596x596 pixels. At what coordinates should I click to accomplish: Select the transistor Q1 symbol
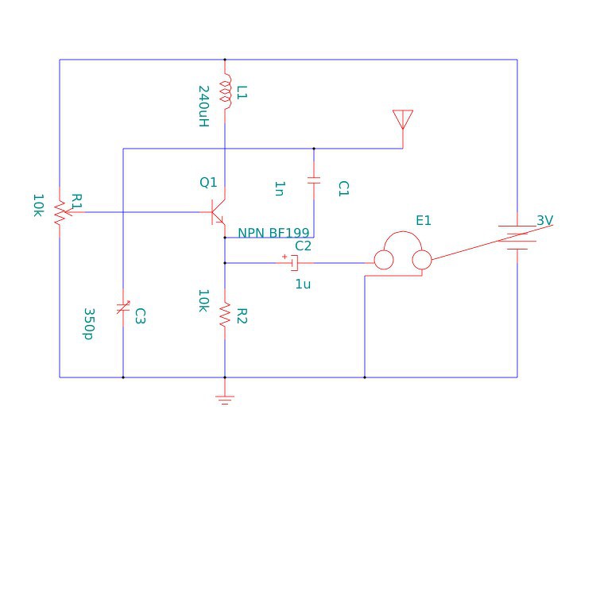click(219, 211)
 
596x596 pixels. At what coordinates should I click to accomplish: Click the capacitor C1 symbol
click(314, 180)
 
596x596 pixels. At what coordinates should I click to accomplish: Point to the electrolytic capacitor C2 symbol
click(293, 262)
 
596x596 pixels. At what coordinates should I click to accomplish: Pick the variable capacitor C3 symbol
click(122, 308)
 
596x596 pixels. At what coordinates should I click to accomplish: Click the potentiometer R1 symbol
click(60, 211)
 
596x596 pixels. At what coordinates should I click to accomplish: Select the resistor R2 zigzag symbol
click(225, 315)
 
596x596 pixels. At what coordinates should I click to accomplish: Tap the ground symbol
click(225, 399)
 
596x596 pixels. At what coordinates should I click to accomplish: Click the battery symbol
click(517, 238)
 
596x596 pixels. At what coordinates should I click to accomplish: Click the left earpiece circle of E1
click(384, 260)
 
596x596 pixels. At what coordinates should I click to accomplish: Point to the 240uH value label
click(203, 106)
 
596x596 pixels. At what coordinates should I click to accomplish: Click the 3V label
click(544, 220)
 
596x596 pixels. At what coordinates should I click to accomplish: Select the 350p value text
click(89, 323)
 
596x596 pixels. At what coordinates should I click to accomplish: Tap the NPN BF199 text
click(273, 233)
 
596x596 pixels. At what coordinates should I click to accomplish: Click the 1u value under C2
click(303, 284)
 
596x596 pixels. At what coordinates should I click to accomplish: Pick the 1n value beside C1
click(279, 188)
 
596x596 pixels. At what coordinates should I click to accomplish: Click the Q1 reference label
click(208, 183)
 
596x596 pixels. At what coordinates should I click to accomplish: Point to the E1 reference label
click(424, 220)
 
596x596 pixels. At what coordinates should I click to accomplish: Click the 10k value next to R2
click(204, 300)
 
